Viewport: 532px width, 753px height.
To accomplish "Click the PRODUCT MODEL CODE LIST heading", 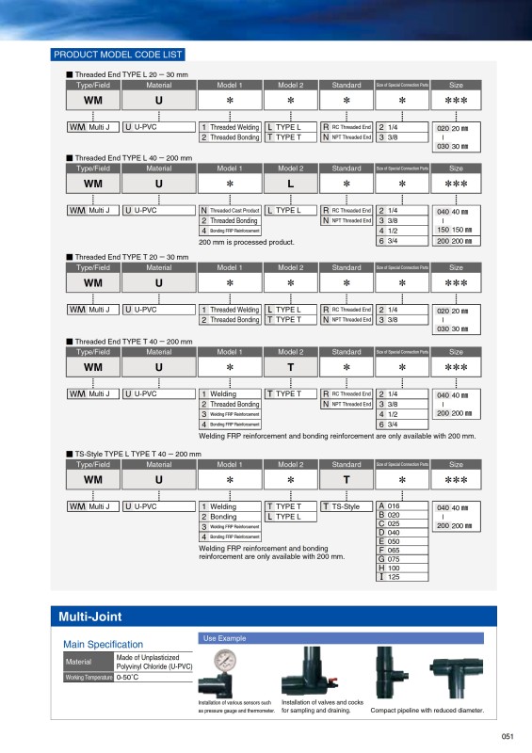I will coord(118,55).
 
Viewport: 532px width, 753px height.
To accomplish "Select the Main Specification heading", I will coord(103,644).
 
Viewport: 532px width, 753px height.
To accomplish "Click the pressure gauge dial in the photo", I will coord(226,661).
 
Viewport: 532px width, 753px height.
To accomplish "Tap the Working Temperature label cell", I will coord(89,677).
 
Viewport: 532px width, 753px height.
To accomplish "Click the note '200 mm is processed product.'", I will coord(247,242).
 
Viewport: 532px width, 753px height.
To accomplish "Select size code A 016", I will coord(389,506).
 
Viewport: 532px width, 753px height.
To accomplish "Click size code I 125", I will coord(389,577).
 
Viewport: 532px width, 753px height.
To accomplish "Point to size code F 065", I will coord(389,551).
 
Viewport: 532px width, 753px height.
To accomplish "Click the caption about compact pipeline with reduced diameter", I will coord(427,712).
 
